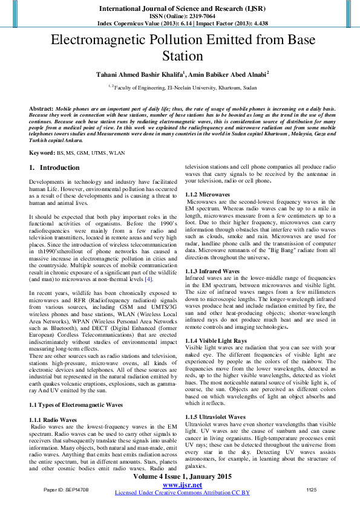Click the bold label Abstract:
click(41, 108)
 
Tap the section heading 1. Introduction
click(54, 167)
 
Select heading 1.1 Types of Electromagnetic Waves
click(76, 404)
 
